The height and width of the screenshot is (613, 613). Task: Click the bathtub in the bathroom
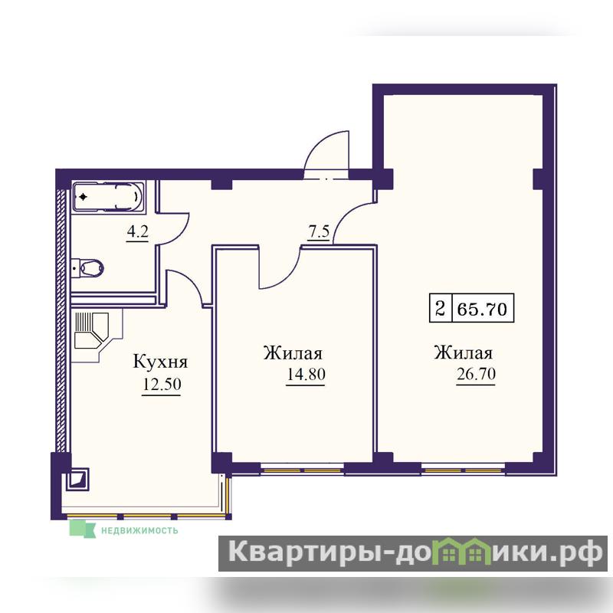click(108, 197)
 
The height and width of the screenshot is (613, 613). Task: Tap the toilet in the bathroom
click(88, 268)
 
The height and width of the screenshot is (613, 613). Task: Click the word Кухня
click(160, 362)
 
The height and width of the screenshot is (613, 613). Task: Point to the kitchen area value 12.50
click(162, 385)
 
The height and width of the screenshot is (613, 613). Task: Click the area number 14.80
click(306, 374)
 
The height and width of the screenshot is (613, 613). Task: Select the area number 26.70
click(476, 374)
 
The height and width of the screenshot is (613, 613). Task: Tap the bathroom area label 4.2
click(138, 232)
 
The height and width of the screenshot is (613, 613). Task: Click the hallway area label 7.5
click(319, 232)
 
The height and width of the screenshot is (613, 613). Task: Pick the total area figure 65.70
click(482, 310)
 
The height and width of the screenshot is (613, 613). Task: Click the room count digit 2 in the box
click(440, 309)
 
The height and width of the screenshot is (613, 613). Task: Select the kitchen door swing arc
click(191, 280)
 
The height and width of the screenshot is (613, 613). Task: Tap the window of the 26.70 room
click(464, 469)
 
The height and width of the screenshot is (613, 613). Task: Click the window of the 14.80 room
click(302, 469)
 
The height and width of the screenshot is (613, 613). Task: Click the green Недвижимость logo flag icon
click(83, 529)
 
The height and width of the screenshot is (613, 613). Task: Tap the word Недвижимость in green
click(139, 530)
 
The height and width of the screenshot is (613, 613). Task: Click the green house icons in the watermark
click(466, 551)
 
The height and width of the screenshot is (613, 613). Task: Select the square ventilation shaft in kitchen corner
click(77, 480)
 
